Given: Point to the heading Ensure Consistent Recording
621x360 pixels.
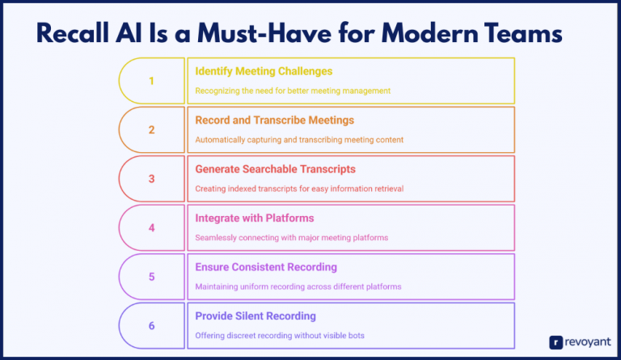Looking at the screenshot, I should (266, 267).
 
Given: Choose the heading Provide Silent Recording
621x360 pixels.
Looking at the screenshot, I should (256, 316).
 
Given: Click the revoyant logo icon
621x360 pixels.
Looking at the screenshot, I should (556, 342).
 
